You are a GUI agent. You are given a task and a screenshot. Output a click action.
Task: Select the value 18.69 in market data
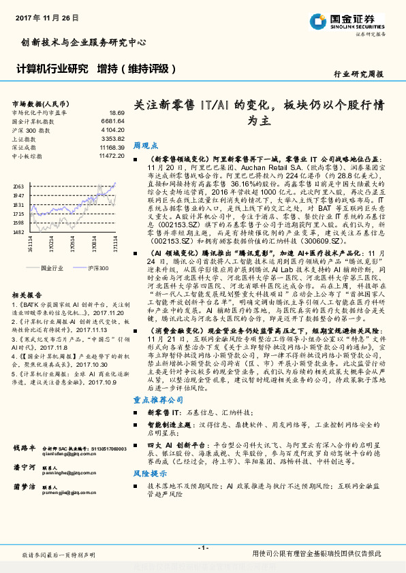(x=116, y=112)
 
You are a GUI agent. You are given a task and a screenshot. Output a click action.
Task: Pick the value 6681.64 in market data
(x=112, y=120)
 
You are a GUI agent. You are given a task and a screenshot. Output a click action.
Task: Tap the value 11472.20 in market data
(x=111, y=156)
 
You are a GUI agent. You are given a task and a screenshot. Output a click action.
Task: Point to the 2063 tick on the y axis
(x=18, y=186)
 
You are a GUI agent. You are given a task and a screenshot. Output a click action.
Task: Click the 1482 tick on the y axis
(x=18, y=231)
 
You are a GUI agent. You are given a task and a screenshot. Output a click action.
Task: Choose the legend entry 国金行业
(x=52, y=269)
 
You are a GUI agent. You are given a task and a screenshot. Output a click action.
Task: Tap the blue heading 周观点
(x=145, y=146)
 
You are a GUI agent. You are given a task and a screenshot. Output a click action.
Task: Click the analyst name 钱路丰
(x=24, y=448)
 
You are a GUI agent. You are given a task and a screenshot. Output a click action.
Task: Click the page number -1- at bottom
(x=203, y=548)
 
